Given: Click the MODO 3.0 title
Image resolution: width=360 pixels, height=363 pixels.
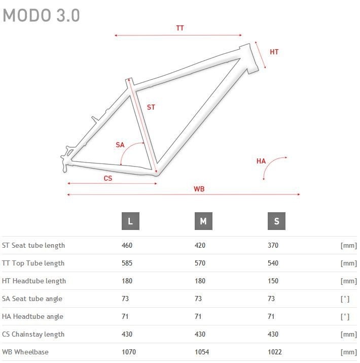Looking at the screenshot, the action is [41, 16].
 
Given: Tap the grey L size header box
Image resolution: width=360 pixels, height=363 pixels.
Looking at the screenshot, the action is [130, 221].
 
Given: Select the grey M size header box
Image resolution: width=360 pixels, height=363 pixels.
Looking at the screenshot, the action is [203, 221].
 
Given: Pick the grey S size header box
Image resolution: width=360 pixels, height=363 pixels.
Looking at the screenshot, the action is [276, 221].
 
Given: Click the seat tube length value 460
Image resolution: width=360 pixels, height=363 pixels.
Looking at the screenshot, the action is [127, 245].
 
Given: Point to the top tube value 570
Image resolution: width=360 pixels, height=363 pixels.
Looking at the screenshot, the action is [200, 263].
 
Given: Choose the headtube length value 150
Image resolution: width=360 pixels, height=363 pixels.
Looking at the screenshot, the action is [273, 281].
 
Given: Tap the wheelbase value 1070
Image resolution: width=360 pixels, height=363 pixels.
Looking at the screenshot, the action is [129, 352].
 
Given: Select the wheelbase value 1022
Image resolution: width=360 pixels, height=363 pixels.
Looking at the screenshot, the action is [275, 352].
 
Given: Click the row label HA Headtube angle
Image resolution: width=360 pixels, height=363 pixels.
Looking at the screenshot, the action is [32, 316].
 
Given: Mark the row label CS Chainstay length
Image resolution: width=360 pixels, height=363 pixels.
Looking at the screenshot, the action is [33, 334].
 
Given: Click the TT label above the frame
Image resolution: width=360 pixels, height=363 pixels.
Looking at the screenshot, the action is [180, 28].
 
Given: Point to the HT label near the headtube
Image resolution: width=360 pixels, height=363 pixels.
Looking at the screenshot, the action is [274, 52].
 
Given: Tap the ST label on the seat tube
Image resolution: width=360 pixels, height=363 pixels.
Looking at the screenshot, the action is [151, 108].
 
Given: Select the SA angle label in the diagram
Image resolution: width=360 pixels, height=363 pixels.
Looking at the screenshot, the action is [120, 145].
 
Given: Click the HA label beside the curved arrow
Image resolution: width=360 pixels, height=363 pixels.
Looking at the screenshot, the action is [261, 161].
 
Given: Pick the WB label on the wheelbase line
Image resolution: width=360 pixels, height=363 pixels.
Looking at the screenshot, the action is [199, 189].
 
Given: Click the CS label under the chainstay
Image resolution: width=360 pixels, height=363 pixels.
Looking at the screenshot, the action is [108, 179].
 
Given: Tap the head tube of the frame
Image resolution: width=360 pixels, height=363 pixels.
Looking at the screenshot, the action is [249, 58].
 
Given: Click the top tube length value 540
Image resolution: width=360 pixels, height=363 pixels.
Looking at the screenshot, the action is [273, 263].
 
